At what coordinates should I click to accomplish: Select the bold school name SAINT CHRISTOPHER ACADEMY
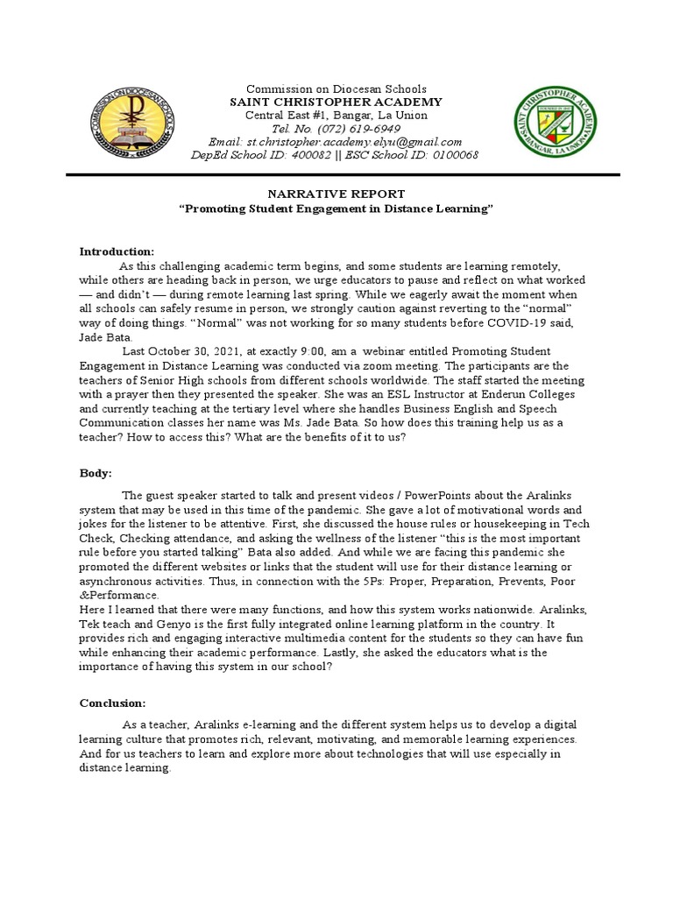coord(336,102)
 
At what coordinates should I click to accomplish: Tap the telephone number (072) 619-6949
coord(360,129)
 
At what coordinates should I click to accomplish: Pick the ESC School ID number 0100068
coord(450,155)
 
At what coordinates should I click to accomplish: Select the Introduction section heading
coord(117,251)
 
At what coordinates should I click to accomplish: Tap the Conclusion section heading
coord(113,703)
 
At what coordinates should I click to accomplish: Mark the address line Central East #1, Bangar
coord(336,115)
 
